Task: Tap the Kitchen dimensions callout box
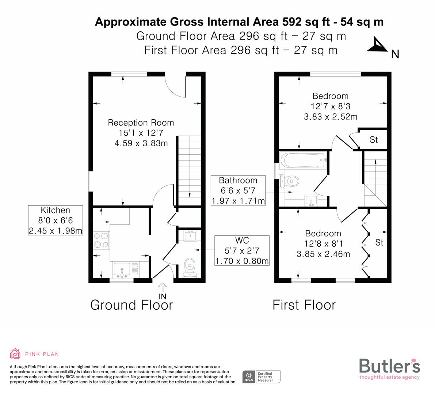56,220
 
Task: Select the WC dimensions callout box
242,251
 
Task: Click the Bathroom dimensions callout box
238,190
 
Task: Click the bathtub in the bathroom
302,160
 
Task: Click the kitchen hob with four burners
101,240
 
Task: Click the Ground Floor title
131,305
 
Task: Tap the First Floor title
304,305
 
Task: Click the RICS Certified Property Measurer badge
262,376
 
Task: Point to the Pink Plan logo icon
15,354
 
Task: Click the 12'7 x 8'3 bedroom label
330,106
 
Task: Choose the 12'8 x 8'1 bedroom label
323,244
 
